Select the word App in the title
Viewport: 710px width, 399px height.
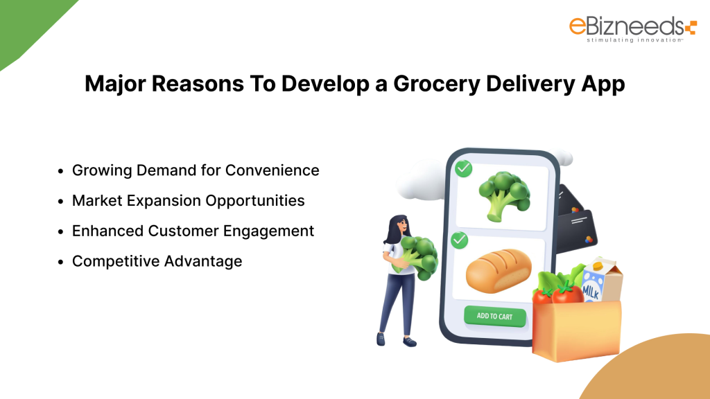pos(602,84)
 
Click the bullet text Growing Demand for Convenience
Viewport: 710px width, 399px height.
pos(196,170)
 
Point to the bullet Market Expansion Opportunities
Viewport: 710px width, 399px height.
pos(188,201)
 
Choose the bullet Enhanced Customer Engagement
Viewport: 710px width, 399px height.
pos(193,231)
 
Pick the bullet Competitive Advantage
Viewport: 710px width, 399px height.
pos(157,261)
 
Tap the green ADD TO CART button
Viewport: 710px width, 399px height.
pos(495,316)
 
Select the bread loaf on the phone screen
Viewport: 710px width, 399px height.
pos(498,270)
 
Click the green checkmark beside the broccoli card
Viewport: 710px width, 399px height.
pos(462,168)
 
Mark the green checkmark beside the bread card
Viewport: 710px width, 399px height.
pos(460,240)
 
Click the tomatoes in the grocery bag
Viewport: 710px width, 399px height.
pos(559,295)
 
